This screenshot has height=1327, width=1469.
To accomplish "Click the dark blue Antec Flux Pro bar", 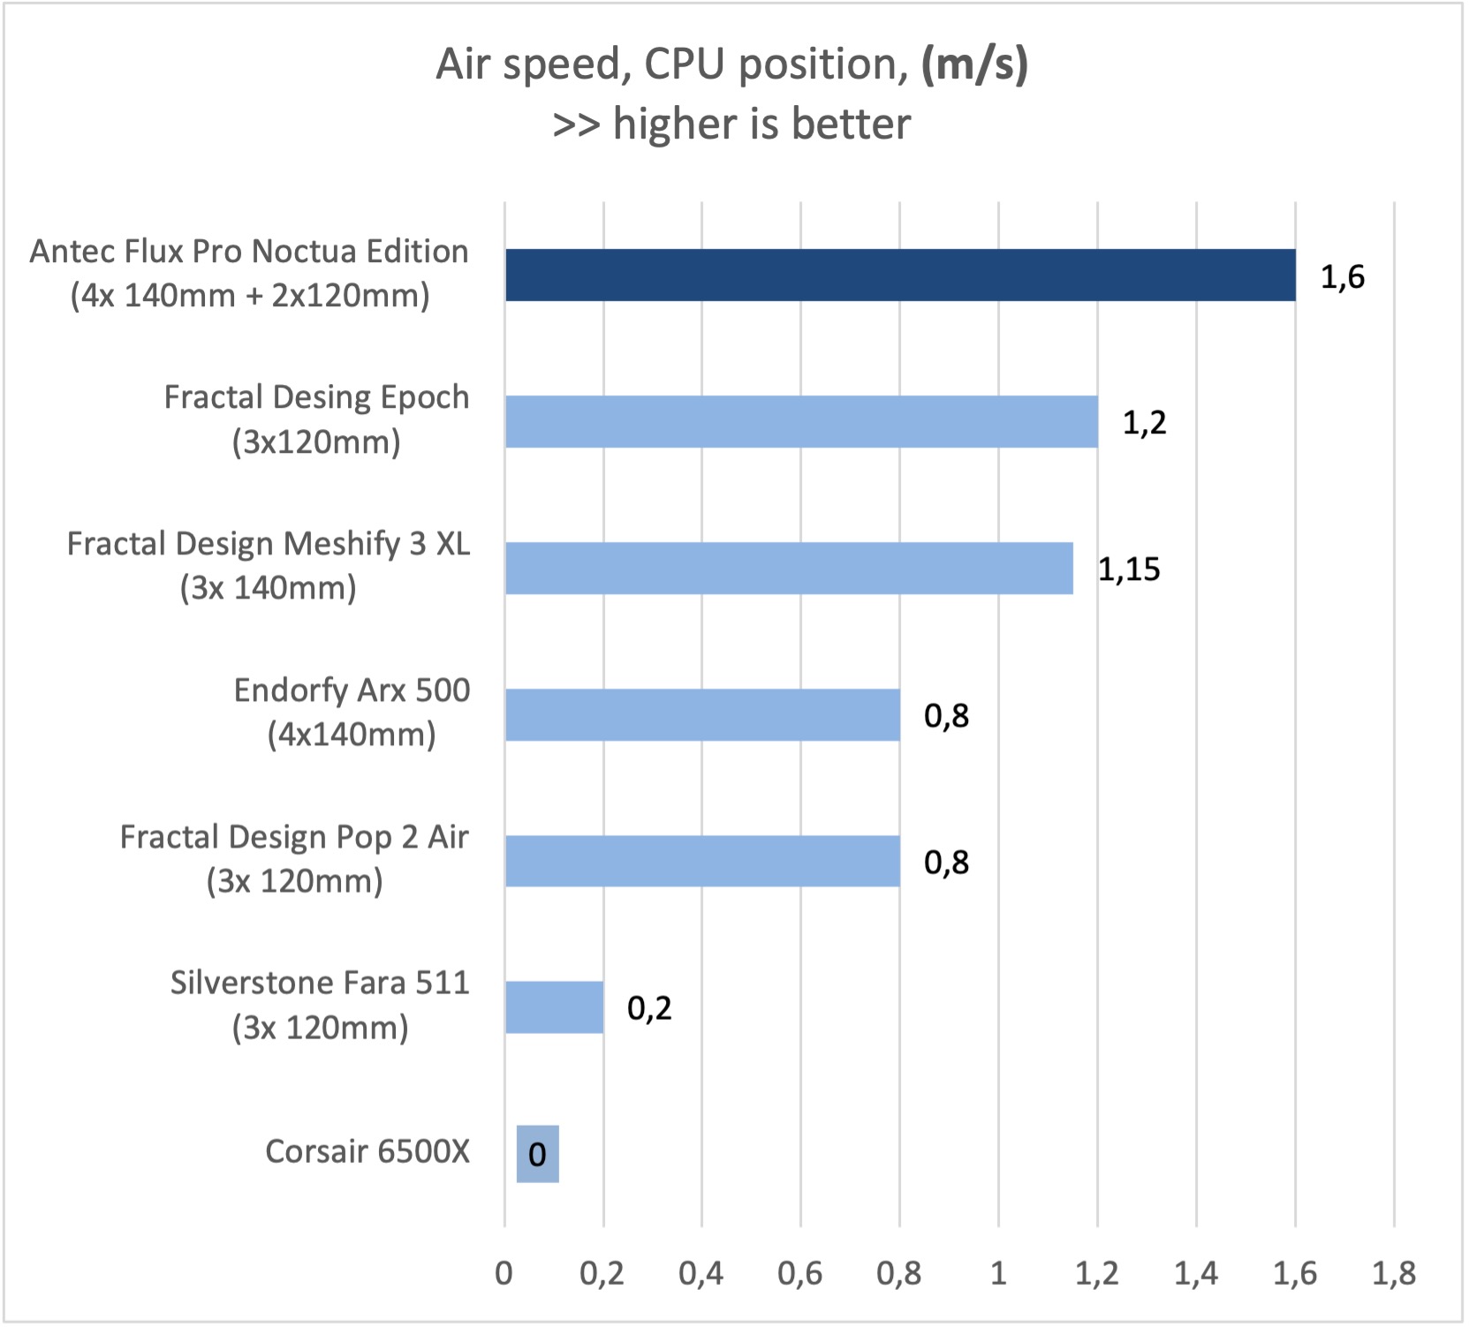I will pos(899,275).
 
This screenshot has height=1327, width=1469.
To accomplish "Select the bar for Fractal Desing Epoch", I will pos(801,422).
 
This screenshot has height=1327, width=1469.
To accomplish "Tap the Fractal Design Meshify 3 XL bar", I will pos(789,569).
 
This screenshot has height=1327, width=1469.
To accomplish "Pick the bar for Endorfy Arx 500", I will pos(702,715).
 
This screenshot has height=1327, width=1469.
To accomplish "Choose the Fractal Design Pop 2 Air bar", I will pos(702,862).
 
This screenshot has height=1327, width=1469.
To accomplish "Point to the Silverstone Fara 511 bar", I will pos(554,1007).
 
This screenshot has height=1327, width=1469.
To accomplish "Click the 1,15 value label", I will pos(1128,569).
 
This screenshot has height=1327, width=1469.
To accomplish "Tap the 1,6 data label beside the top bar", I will pos(1342,277).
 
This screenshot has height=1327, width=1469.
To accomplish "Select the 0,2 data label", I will pos(649,1008).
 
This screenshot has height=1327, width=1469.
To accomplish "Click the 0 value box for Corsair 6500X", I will pos(537,1154).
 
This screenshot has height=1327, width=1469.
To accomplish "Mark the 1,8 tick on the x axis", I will pos(1393,1273).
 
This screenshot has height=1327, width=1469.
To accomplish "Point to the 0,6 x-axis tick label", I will pos(800,1273).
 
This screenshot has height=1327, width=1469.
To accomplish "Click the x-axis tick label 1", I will pos(998,1273).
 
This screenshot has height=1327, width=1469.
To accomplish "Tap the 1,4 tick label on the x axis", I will pos(1195,1273).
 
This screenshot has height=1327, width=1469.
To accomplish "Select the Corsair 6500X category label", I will pos(367,1151).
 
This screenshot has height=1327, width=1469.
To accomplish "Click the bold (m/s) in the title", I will pos(974,64).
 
